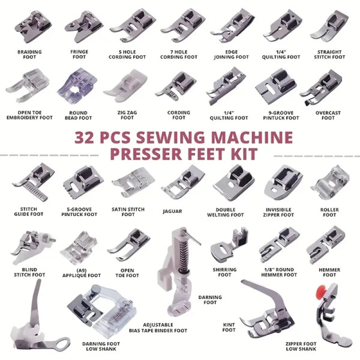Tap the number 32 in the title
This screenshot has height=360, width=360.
pyautogui.click(x=84, y=137)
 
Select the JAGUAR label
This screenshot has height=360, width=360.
pyautogui.click(x=172, y=211)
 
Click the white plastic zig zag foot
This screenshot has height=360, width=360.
pyautogui.click(x=126, y=86)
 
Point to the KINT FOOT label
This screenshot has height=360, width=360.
pyautogui.click(x=229, y=328)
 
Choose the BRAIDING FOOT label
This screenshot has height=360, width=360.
pyautogui.click(x=29, y=55)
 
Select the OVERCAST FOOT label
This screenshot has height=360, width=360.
pyautogui.click(x=328, y=115)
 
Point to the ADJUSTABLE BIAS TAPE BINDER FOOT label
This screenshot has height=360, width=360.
pyautogui.click(x=158, y=328)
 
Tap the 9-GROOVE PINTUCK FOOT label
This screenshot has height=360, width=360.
pyautogui.click(x=281, y=115)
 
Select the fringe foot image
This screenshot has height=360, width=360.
pyautogui.click(x=83, y=27)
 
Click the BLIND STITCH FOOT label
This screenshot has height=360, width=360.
pyautogui.click(x=29, y=272)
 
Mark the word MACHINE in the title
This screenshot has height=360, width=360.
pyautogui.click(x=252, y=137)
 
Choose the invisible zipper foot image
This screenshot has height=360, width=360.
pyautogui.click(x=283, y=183)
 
